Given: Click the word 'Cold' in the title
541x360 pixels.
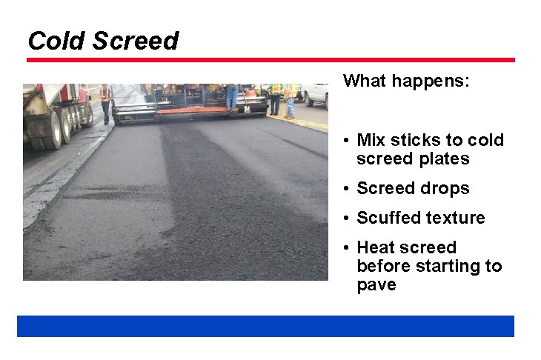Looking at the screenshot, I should tap(56, 41).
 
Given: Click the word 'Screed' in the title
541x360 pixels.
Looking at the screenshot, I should tap(136, 41).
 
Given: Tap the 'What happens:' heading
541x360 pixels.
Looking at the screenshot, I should tap(406, 81).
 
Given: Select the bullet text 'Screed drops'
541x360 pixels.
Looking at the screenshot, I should tap(413, 188).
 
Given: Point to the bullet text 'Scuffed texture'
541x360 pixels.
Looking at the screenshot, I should tap(420, 218).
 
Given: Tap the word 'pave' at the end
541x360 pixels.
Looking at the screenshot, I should tap(376, 284).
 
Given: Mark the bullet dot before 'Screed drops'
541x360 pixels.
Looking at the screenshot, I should tap(346, 189).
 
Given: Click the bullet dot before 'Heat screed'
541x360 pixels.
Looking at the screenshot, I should tap(346, 248).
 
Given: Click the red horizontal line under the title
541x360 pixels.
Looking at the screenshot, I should tap(270, 60).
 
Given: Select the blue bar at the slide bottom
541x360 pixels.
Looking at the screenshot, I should tap(265, 326).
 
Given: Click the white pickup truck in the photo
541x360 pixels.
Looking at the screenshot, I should tap(315, 93).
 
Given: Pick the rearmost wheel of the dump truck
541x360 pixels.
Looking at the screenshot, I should tap(87, 115).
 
